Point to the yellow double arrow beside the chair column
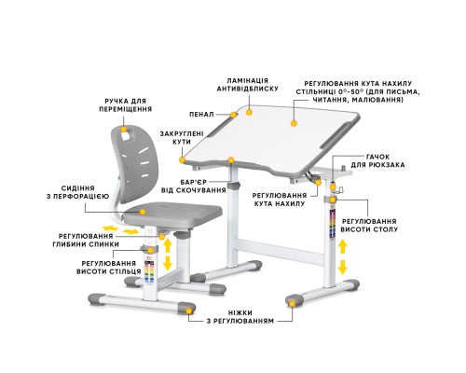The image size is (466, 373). pos(167,263)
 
